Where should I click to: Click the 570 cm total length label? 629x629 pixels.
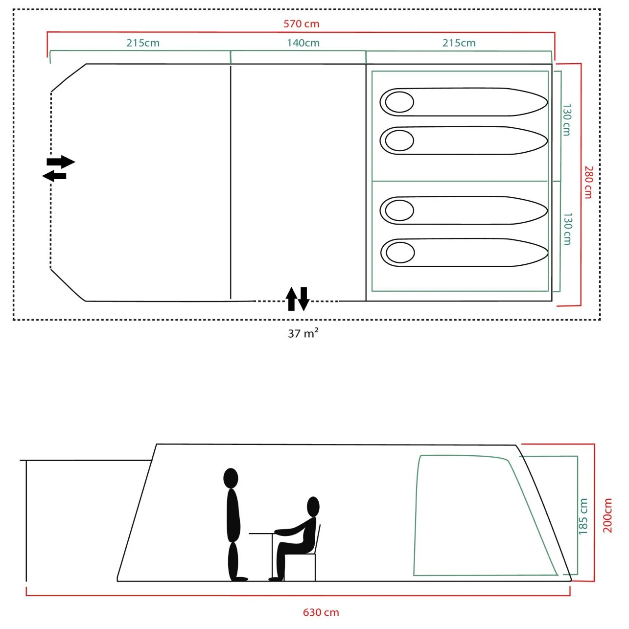click(301, 24)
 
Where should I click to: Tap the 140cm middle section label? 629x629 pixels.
click(303, 43)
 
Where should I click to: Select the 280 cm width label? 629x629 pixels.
click(588, 182)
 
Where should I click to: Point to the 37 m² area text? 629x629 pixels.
click(303, 333)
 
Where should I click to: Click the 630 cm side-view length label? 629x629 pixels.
click(321, 612)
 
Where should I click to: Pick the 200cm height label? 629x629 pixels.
click(607, 515)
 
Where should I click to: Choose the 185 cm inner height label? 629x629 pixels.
click(583, 516)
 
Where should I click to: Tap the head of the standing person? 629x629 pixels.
click(231, 479)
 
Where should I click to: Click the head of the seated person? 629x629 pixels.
click(313, 507)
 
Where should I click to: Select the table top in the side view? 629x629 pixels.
click(261, 534)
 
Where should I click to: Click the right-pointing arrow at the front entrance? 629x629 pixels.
click(61, 162)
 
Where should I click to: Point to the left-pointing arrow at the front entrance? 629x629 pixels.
click(54, 176)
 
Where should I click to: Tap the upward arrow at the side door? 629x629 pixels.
click(291, 299)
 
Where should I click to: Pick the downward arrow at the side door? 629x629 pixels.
click(303, 299)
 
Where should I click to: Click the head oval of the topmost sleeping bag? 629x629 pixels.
click(399, 102)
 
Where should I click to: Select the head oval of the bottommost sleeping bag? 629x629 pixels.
click(400, 252)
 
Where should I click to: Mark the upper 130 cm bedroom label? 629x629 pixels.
click(567, 120)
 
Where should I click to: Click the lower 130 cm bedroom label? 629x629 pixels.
click(568, 229)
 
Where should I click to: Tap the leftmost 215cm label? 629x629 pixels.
click(142, 43)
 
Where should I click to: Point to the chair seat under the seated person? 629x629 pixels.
click(300, 554)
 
